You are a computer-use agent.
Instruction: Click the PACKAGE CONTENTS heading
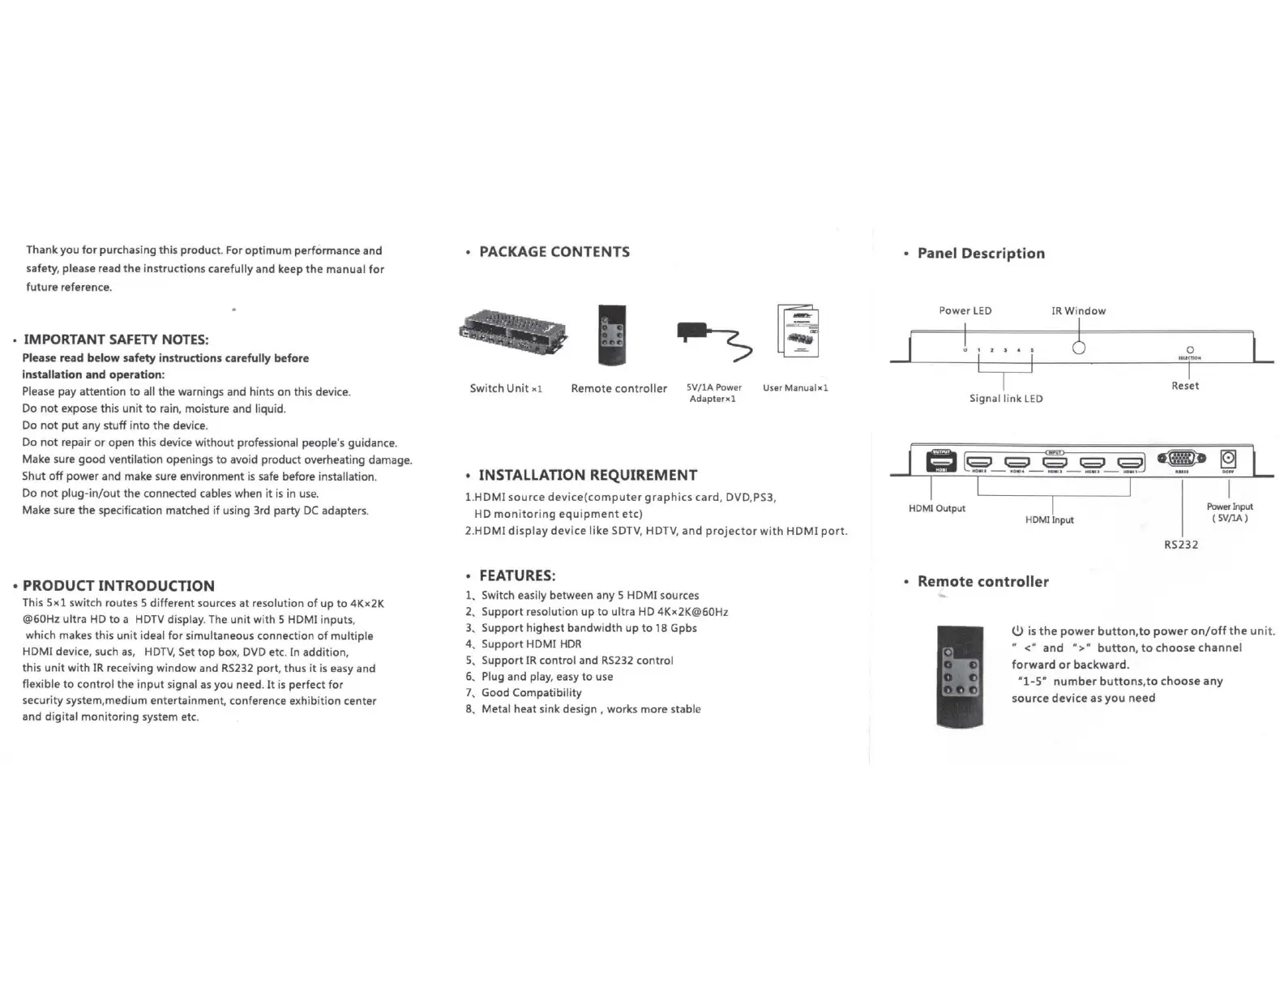(554, 252)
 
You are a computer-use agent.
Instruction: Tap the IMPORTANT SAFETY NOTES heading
(116, 340)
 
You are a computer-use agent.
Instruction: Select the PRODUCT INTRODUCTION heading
(118, 586)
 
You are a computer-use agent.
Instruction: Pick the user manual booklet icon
(798, 331)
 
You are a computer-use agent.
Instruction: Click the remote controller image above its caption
(612, 335)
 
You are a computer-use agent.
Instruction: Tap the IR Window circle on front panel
(1079, 348)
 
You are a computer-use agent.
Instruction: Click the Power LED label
(965, 311)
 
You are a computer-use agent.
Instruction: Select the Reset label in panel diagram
(1184, 386)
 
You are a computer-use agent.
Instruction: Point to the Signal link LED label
(1006, 399)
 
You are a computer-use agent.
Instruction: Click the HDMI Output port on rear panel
(941, 461)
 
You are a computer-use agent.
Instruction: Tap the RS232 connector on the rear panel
(1182, 459)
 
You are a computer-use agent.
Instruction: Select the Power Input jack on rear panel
(1228, 460)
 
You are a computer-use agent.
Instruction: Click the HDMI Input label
(1049, 520)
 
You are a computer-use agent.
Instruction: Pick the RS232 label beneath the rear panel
(1181, 545)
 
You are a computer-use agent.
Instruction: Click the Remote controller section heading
(982, 582)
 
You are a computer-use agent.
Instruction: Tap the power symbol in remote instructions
(1017, 631)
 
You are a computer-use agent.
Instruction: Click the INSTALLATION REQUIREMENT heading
(587, 476)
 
